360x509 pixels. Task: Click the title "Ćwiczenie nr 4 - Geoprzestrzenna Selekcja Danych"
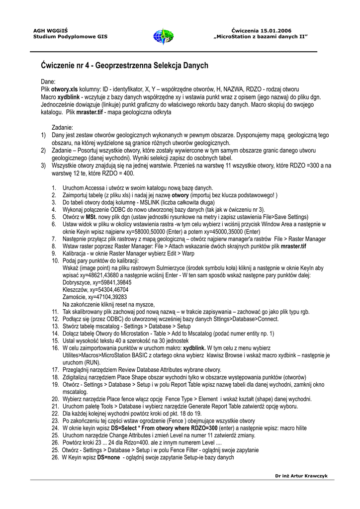[124, 65]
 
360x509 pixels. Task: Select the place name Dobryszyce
[77, 281]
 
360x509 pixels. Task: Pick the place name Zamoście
[74, 296]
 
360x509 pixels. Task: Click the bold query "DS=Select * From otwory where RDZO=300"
[165, 428]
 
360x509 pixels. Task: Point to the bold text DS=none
[108, 457]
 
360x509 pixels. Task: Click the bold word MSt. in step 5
[90, 217]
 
